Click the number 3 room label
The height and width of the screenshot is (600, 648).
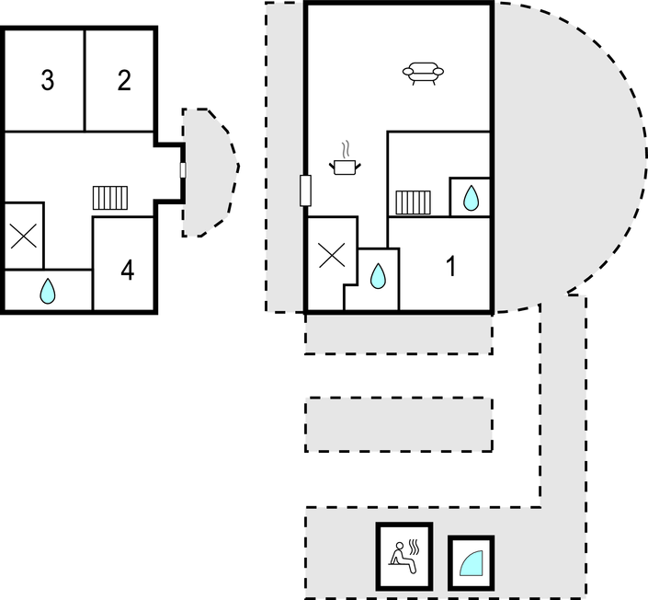tap(48, 80)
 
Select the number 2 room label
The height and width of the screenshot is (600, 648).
tap(124, 80)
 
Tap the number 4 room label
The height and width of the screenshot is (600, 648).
tap(127, 271)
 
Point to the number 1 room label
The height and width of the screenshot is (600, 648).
tap(451, 266)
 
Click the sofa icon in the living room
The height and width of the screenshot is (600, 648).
tap(423, 74)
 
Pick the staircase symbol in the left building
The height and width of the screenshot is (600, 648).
tap(110, 198)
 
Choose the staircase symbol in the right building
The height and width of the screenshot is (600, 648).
tap(414, 202)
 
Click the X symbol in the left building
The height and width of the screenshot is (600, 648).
tap(24, 236)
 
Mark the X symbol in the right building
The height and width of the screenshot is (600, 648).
tap(332, 255)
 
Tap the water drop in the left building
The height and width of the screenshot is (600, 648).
tap(48, 291)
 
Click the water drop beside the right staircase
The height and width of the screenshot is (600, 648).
tap(471, 198)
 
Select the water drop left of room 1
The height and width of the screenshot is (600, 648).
tap(378, 276)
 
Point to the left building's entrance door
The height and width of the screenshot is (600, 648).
tap(183, 170)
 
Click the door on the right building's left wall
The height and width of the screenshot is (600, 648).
tap(305, 190)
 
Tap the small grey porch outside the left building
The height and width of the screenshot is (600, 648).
tap(209, 173)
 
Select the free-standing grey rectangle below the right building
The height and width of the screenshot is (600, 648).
tap(399, 424)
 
